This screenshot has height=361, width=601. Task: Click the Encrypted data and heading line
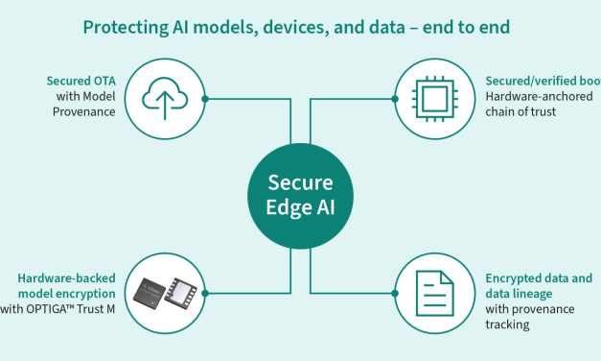(539, 278)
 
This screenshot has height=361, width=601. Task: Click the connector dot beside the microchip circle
(394, 97)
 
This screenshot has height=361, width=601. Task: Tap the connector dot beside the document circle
(394, 292)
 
